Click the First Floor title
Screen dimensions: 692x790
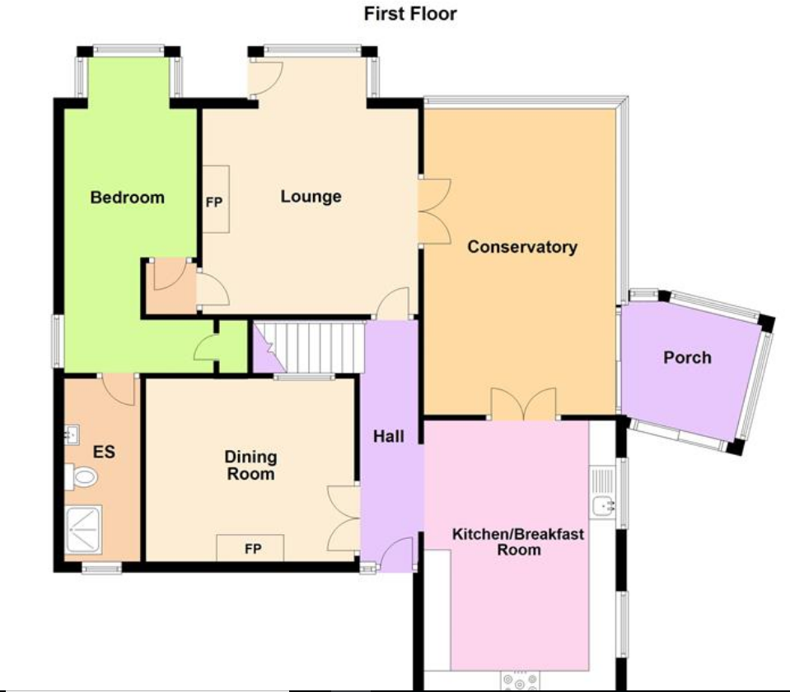pos(409,14)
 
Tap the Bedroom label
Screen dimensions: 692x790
pos(127,197)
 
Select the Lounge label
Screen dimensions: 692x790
pos(311,197)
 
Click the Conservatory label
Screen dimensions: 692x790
pos(522,247)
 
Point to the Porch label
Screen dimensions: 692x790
pos(687,358)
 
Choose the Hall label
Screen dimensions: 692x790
pos(388,436)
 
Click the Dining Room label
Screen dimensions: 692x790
pos(251,466)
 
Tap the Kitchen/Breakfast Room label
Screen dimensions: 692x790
pos(518,541)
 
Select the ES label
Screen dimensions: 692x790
pos(103,452)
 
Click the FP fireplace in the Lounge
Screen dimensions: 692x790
pos(215,199)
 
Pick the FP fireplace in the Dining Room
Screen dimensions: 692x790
pos(251,548)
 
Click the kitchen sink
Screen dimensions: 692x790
pos(604,494)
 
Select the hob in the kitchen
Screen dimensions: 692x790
pos(520,681)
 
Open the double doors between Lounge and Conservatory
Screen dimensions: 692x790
pos(434,210)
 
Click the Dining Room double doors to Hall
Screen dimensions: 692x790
pos(344,518)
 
